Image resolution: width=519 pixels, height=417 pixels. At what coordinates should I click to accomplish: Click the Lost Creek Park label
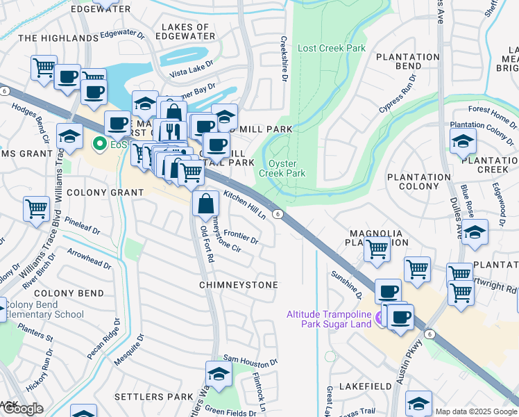click(x=331, y=49)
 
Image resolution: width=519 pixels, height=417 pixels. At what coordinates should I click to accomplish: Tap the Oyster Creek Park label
click(x=282, y=168)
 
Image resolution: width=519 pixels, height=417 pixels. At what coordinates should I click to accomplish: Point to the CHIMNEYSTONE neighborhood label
click(x=239, y=285)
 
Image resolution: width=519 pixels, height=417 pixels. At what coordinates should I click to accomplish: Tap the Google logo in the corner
click(x=22, y=409)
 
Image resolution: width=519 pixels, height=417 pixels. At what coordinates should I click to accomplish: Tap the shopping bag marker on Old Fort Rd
click(x=205, y=204)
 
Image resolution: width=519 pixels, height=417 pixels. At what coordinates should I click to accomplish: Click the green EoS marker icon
click(x=99, y=145)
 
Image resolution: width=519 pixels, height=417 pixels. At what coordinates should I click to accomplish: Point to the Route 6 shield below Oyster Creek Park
click(x=276, y=214)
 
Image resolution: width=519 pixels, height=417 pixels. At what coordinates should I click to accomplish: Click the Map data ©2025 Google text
click(x=475, y=411)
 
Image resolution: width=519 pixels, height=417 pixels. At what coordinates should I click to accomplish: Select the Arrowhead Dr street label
click(x=89, y=259)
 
